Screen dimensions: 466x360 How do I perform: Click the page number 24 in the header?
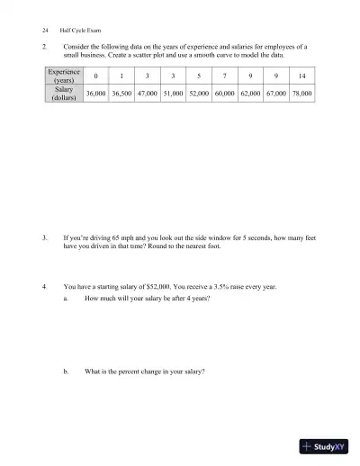point(32,30)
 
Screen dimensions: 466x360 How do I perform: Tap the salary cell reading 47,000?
point(148,93)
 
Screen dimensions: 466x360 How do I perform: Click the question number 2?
point(44,46)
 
